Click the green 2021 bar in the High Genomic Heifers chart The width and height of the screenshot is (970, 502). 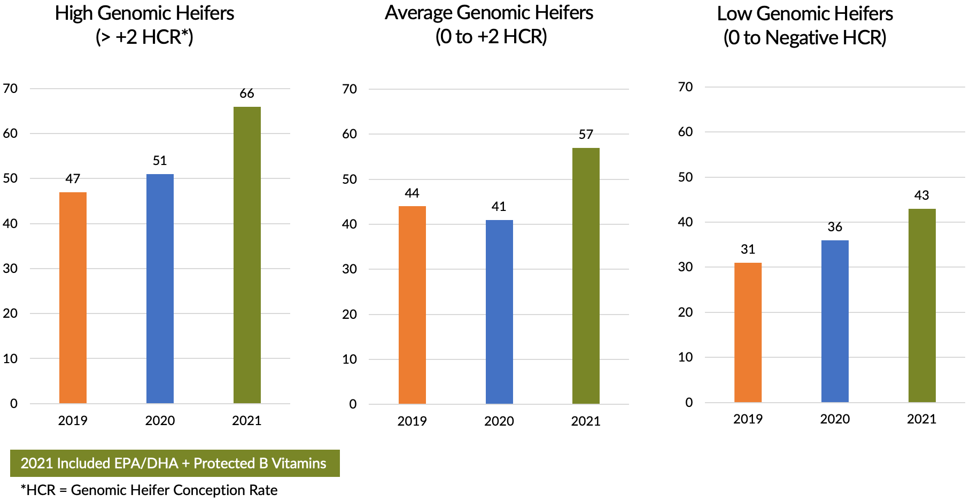[x=247, y=255]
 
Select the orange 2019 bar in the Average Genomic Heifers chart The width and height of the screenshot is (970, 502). [x=412, y=304]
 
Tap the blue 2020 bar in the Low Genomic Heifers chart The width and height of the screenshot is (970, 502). [x=835, y=321]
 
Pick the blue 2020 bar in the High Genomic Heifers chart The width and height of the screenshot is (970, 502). [x=160, y=288]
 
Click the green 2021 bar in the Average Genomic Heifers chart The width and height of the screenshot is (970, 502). [x=586, y=276]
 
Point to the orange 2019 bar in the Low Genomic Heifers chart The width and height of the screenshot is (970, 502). [x=748, y=332]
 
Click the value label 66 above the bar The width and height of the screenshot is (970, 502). [x=247, y=93]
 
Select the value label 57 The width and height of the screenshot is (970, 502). [x=586, y=135]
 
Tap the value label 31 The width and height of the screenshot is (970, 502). [x=748, y=249]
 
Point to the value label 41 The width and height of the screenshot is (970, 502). [x=499, y=207]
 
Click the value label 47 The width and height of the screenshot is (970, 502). [x=73, y=179]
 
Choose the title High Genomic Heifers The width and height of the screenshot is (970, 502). [x=144, y=13]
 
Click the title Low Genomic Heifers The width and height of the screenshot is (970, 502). [x=805, y=14]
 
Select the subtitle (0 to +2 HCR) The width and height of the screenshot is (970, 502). [x=491, y=37]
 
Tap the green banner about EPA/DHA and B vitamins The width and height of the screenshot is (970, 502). [x=175, y=463]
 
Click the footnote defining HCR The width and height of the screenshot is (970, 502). [x=149, y=490]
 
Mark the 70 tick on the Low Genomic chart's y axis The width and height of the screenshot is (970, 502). [x=685, y=87]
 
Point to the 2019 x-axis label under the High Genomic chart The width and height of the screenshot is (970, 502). [x=73, y=421]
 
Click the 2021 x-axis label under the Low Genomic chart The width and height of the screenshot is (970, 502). [x=921, y=419]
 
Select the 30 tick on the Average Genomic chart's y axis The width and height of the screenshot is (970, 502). [x=350, y=269]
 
